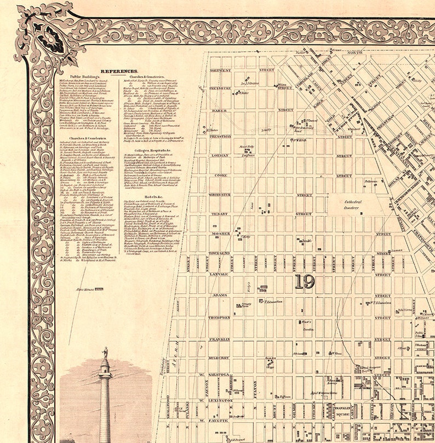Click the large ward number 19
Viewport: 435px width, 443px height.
click(304, 282)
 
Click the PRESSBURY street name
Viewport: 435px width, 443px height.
click(219, 88)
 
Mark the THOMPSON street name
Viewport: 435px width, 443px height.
click(219, 317)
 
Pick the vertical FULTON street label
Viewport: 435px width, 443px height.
click(256, 390)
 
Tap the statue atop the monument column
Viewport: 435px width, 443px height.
click(105, 352)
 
